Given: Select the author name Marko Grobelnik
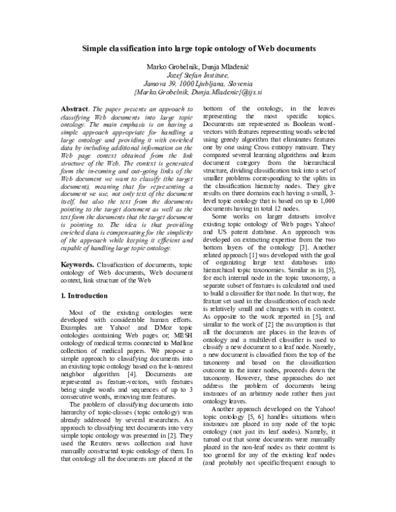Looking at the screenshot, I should tap(175, 67).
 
